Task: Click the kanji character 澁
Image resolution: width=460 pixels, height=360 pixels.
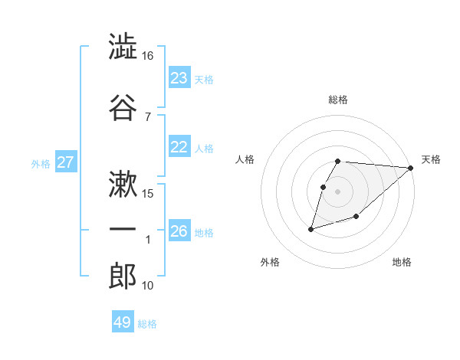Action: coord(123,47)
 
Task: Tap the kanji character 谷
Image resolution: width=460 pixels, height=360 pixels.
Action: coord(123,108)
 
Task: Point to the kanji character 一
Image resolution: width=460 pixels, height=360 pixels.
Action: coord(123,230)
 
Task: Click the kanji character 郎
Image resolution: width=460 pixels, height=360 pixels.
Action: coord(123,277)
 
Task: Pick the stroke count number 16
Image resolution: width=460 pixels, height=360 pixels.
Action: coord(148,56)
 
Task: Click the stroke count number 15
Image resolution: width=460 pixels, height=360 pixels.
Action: coord(148,193)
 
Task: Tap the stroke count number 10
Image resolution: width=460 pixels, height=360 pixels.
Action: coord(148,286)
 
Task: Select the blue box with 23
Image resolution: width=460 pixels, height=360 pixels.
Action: coord(179,78)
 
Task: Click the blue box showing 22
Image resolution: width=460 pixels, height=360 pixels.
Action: coord(179,147)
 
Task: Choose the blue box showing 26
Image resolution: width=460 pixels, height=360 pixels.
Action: coord(179,231)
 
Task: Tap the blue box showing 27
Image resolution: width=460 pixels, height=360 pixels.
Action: coord(66,162)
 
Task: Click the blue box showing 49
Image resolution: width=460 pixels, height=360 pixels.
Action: coord(123,322)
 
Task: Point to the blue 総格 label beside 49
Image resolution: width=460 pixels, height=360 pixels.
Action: coord(147,324)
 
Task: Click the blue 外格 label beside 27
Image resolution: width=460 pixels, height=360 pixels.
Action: coord(41,163)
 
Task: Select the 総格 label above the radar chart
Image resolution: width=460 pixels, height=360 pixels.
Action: coord(338,100)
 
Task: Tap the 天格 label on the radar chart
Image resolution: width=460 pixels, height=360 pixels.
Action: coord(431,159)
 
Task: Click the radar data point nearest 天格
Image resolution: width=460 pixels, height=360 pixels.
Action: coord(411,168)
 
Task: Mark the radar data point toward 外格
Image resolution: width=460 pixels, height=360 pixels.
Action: coord(311,228)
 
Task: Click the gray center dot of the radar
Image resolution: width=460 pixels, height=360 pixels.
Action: coord(338,191)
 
